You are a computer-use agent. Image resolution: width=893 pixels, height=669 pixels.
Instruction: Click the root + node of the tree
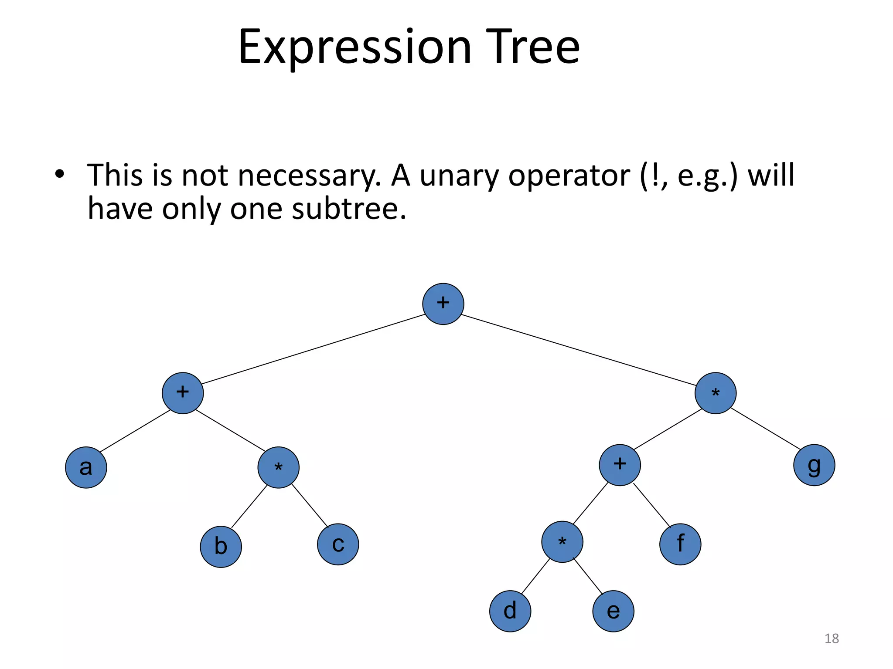pos(443,304)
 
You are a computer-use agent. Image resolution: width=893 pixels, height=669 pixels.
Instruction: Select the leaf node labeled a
pos(86,467)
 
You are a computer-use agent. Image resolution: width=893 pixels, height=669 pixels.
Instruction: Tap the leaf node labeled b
pos(221,547)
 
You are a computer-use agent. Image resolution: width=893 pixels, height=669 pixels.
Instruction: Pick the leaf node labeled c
pos(338,544)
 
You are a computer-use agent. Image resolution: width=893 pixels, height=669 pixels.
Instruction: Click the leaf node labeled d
pos(510,611)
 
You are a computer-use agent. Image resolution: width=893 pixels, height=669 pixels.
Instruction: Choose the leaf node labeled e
pos(613,611)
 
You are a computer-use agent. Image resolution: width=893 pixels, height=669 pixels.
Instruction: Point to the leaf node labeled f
pos(680,544)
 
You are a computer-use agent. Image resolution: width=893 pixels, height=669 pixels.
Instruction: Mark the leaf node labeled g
pos(814,465)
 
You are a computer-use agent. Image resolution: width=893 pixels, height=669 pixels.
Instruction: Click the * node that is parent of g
pos(716,393)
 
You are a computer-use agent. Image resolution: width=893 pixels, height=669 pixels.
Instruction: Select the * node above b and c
pos(278,467)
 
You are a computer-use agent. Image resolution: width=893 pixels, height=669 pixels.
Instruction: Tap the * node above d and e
pos(562,542)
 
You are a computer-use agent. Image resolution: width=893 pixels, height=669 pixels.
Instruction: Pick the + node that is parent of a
pos(183,393)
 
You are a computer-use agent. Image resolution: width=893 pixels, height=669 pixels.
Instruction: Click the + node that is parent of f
pos(620,465)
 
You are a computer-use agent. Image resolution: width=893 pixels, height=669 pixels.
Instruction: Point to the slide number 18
pos(832,639)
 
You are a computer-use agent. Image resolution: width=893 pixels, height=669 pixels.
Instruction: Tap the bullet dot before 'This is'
pos(60,175)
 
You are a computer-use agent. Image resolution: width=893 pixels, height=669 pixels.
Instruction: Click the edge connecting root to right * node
pos(579,350)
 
